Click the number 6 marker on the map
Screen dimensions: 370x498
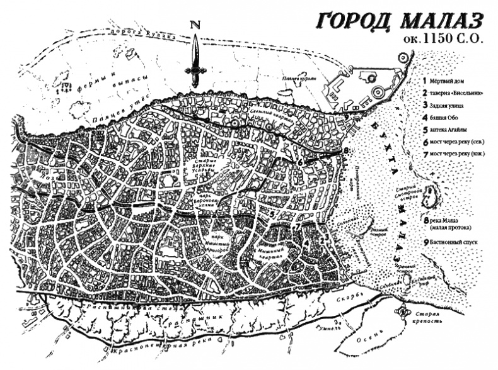301,162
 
